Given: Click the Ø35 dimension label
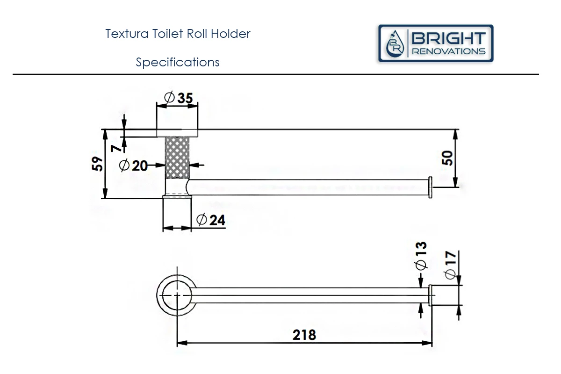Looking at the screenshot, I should coord(179,98).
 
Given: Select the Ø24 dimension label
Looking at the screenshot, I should coord(211,220).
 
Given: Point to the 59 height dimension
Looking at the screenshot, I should coord(97,164).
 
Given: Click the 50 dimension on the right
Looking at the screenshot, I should coord(447,158).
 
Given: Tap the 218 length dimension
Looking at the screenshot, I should coord(304,335).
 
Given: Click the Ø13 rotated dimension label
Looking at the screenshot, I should coord(420,256).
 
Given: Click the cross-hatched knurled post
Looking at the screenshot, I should coord(177,158).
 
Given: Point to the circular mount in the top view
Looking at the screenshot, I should coord(177,295).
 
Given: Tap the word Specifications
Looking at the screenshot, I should coord(178,62).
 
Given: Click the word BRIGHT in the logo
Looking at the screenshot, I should coord(448,38).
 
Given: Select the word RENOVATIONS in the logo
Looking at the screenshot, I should coord(448,51).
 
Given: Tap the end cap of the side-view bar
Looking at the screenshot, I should coord(431,187).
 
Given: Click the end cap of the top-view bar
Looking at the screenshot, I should coord(431,295).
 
